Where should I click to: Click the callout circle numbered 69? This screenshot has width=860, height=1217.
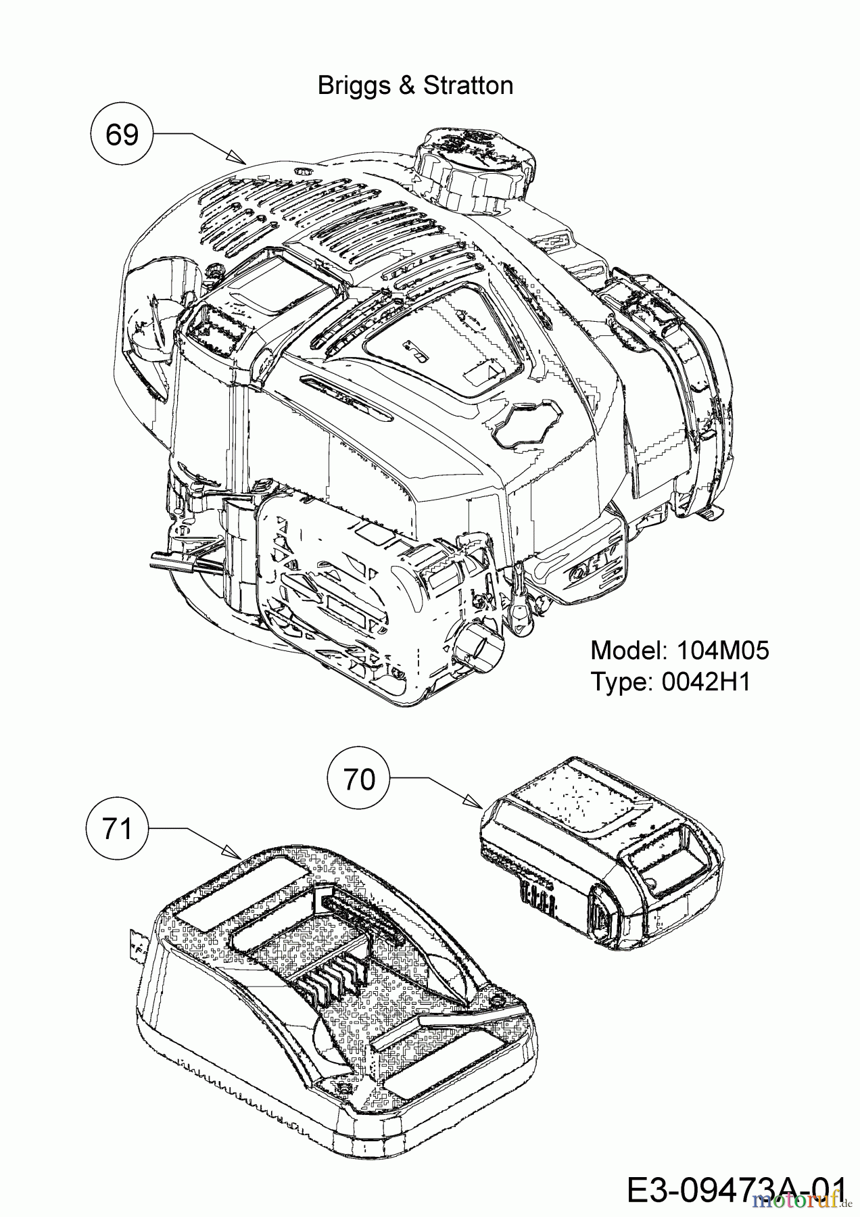122,135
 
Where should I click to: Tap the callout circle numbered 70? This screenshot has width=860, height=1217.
358,780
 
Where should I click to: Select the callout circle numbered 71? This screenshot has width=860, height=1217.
118,828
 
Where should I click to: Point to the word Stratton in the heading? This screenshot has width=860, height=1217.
468,86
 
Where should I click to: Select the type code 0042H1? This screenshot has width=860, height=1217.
705,682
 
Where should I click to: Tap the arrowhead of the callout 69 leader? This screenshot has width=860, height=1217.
241,160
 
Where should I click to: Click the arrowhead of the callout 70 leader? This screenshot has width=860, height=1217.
476,803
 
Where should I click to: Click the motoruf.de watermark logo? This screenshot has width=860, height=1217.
804,1201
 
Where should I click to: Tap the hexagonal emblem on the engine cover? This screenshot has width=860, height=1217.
526,423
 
